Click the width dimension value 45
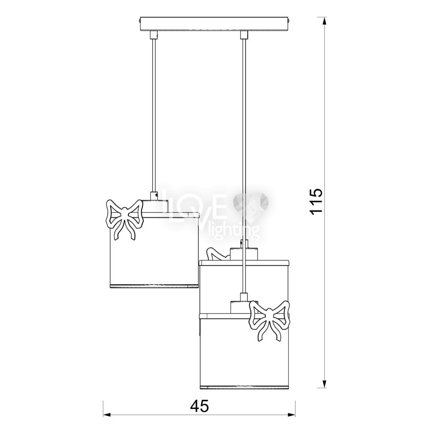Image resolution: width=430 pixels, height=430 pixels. coord(199,406)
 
